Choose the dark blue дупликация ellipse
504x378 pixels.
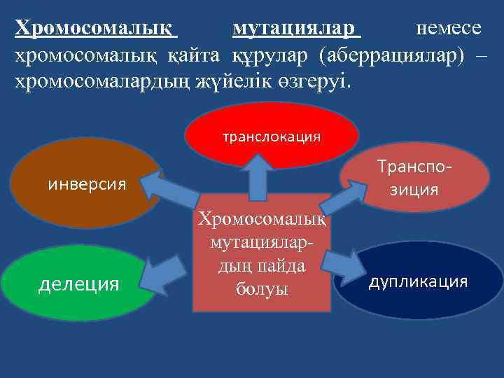point(419,281)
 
